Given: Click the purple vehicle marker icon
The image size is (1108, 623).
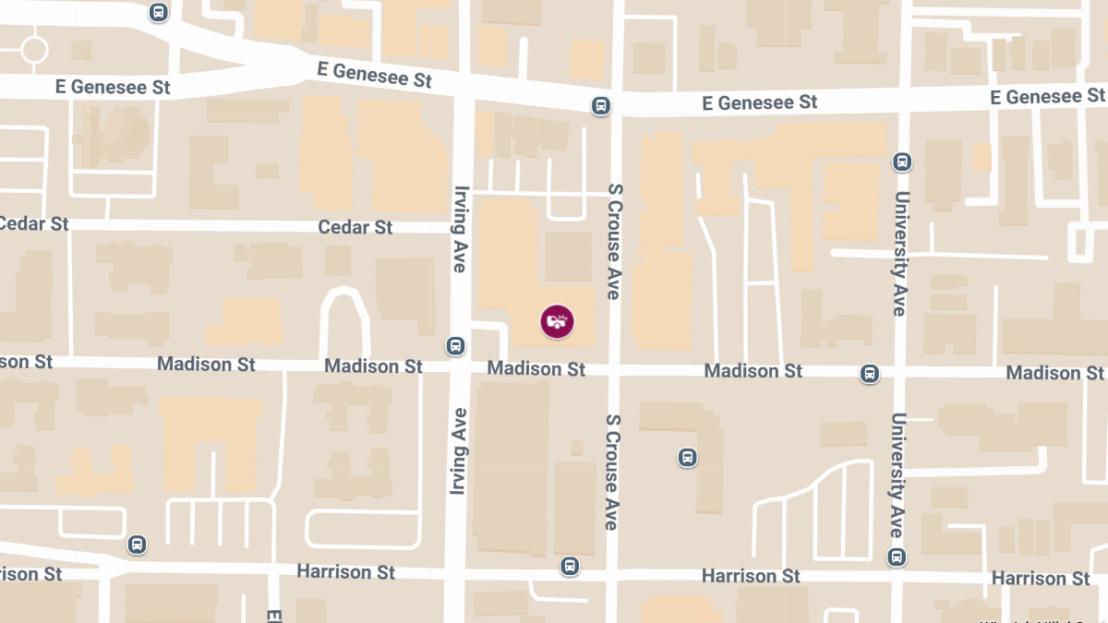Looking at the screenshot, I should (x=557, y=321).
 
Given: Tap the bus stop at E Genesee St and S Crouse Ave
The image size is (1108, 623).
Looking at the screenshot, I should (x=601, y=106).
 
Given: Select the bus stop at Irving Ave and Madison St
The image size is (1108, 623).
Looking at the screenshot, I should (x=455, y=346).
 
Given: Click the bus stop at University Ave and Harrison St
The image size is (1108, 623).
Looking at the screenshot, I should (x=897, y=557).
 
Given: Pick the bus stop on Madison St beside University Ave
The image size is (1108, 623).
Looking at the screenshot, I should (x=869, y=374).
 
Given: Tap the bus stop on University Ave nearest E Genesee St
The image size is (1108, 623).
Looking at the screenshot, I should (x=902, y=162).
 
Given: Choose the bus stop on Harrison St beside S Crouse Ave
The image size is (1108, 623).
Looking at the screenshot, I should (x=570, y=566).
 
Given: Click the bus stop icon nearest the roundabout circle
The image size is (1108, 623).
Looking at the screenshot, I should (x=159, y=13).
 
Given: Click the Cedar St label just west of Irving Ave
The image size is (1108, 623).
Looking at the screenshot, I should (x=355, y=227).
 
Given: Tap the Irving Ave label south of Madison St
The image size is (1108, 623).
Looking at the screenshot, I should (x=459, y=450).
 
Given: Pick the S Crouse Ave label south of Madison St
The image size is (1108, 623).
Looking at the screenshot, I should (x=612, y=471).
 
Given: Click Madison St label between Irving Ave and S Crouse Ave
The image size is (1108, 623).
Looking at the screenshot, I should (x=536, y=369).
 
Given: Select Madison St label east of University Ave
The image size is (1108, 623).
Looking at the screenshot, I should (x=1054, y=373).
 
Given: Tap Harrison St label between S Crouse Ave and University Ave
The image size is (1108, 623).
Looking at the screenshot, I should (x=751, y=576).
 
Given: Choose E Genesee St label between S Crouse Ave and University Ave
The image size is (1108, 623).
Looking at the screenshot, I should (x=760, y=102).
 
